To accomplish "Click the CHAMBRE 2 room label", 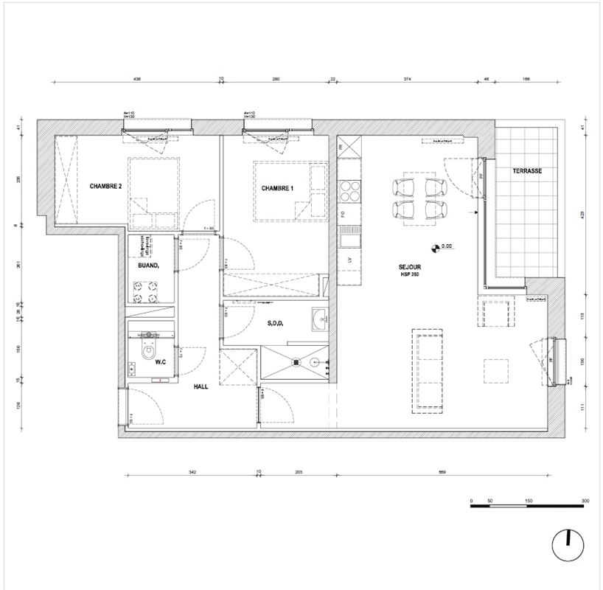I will (105, 187).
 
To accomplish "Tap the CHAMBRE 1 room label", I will (277, 189).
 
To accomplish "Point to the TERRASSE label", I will (527, 170).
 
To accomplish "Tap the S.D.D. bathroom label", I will (276, 324).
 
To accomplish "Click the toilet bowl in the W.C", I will (149, 347).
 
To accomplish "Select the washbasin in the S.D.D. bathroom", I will (319, 319).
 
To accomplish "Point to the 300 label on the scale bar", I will (585, 502).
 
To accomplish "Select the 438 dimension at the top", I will (137, 78).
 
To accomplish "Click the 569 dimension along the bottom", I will (441, 471).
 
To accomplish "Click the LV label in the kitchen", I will (344, 261).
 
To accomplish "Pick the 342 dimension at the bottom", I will (192, 471).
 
